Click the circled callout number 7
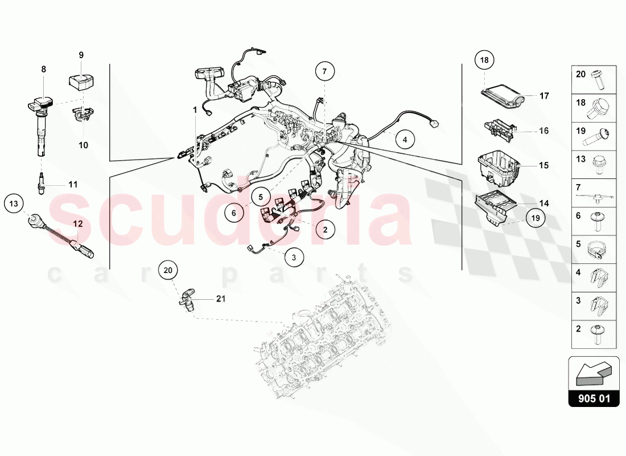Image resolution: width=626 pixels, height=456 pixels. (x=324, y=72)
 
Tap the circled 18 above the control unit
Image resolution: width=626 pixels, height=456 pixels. (x=484, y=60)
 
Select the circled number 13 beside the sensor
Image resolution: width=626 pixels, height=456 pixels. (x=14, y=202)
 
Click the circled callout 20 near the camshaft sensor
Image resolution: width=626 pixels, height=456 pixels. (x=167, y=270)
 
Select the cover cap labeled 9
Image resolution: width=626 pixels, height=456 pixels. (x=80, y=81)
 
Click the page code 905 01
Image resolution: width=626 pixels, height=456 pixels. (x=594, y=398)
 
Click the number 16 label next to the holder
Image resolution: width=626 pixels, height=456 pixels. (x=543, y=131)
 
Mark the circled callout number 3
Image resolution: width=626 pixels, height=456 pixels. (x=294, y=258)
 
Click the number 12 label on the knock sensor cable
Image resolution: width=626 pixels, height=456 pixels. (x=77, y=224)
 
